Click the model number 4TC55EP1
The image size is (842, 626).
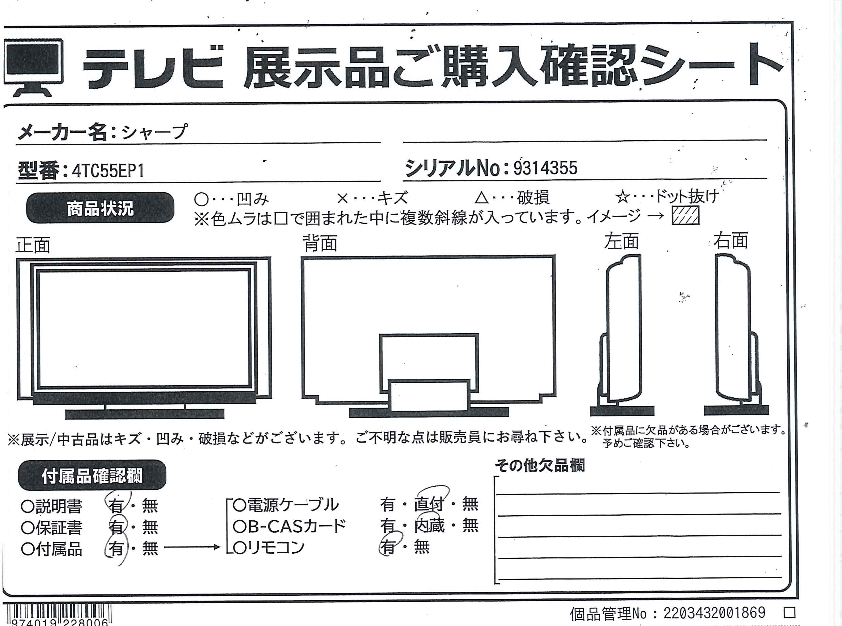(108, 171)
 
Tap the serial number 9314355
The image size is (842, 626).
(545, 168)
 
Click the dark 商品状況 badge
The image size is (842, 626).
(100, 208)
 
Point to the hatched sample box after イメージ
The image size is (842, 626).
(685, 216)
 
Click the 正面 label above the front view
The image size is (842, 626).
(33, 245)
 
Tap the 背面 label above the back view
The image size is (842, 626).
(320, 243)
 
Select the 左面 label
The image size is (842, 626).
(621, 242)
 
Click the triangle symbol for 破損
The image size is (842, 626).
(482, 197)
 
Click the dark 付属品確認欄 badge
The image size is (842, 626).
(92, 476)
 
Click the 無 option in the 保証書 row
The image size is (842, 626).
(150, 527)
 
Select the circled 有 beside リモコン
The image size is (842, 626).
(387, 547)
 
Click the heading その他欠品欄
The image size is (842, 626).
(540, 465)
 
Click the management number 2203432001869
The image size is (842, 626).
(714, 613)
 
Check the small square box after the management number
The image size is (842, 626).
(789, 612)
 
